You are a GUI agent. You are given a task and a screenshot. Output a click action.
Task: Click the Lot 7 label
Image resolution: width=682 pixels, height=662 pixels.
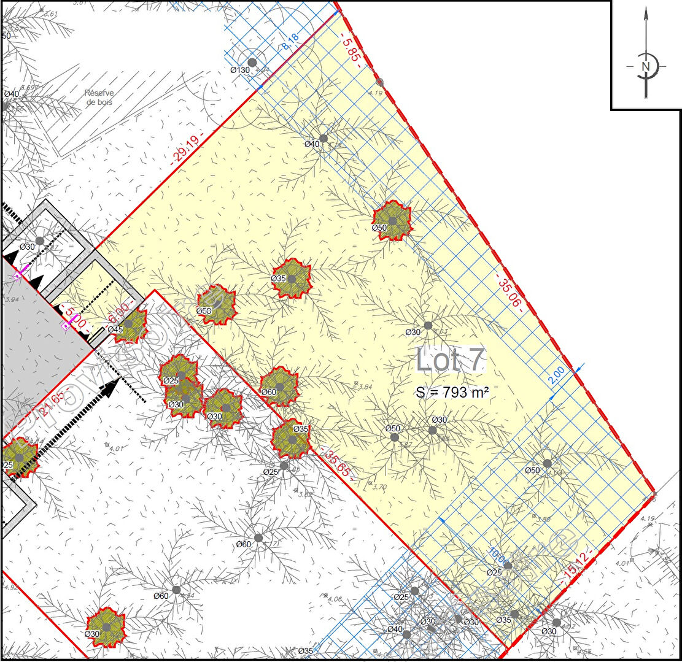tap(451, 360)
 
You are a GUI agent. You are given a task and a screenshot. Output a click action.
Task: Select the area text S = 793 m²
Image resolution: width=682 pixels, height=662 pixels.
tap(452, 393)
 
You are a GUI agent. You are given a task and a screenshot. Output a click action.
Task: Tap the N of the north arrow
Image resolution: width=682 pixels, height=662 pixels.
tap(645, 66)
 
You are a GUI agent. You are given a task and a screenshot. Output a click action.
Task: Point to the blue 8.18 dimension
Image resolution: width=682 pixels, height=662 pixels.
tap(290, 42)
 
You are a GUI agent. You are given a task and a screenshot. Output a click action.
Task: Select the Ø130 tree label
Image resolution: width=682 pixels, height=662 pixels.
tap(241, 70)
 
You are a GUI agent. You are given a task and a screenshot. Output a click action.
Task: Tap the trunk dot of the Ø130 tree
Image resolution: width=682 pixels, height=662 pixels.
tap(252, 63)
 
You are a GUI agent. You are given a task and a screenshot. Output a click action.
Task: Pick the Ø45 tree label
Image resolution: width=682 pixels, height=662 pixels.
tap(115, 329)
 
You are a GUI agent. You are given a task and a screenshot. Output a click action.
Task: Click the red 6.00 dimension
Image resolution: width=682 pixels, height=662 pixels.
tap(121, 312)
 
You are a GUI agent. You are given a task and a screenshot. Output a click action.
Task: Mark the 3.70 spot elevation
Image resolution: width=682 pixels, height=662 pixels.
tap(379, 487)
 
